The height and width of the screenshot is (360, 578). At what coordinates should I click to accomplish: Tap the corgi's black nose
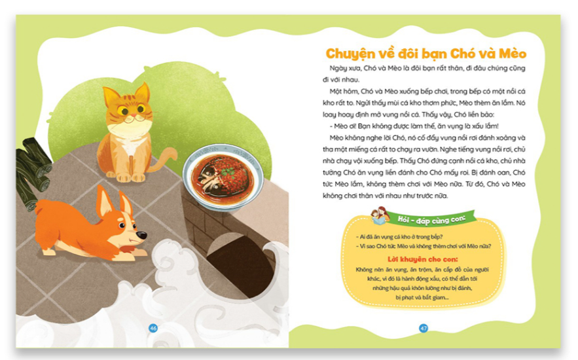(x=141, y=235)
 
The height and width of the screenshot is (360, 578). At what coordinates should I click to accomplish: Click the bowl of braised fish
(x=223, y=177)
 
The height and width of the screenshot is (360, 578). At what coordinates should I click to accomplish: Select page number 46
(x=153, y=328)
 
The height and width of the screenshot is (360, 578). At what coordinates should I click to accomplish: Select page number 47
(x=424, y=328)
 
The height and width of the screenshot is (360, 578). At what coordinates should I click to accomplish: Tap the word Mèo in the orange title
(x=513, y=54)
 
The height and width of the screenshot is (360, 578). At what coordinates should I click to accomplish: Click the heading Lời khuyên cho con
(x=422, y=259)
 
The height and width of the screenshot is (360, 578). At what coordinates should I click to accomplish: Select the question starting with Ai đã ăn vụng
(x=399, y=237)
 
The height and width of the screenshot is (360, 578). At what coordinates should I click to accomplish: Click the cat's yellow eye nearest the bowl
(x=141, y=109)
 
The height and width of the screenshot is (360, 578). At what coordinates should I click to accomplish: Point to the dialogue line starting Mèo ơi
(x=414, y=126)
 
